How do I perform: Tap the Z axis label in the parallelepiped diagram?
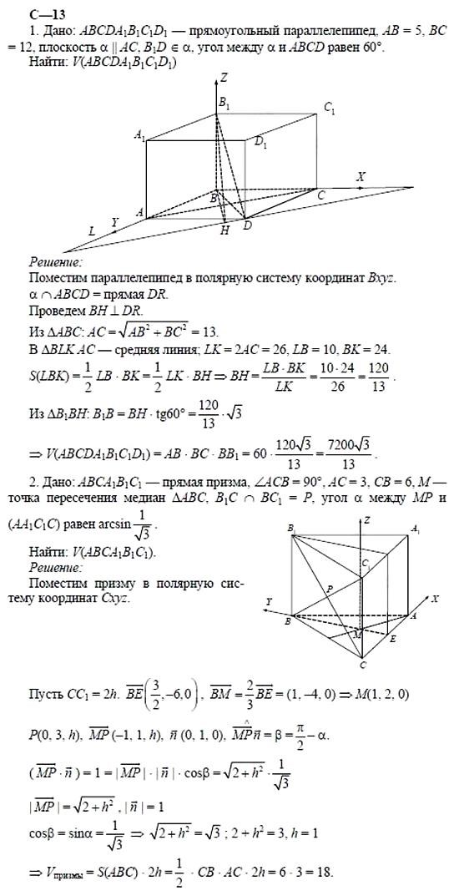pos(224,77)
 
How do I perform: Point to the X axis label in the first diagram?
pos(361,177)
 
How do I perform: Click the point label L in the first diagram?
pos(91,230)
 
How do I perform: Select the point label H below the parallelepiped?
pos(224,231)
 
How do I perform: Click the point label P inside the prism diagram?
pos(330,588)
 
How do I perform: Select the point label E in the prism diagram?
pos(393,638)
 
